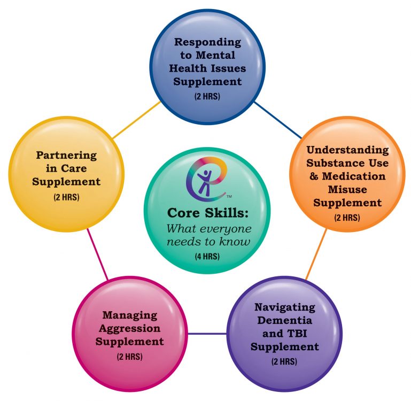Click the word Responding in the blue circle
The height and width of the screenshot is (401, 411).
click(x=207, y=42)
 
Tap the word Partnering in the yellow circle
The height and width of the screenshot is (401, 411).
click(x=66, y=155)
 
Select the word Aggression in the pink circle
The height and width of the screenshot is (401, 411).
click(x=130, y=329)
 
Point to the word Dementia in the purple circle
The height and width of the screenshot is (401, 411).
click(x=285, y=320)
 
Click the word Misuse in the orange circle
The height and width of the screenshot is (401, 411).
click(x=347, y=189)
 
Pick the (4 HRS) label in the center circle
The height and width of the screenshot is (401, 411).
click(x=207, y=256)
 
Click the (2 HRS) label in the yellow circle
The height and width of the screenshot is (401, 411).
click(x=66, y=197)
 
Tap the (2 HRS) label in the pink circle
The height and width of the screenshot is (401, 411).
click(x=130, y=357)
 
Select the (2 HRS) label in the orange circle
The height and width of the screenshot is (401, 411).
click(x=347, y=218)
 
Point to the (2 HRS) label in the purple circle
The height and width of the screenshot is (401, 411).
click(x=284, y=361)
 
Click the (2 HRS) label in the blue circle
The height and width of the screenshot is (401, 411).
click(x=207, y=96)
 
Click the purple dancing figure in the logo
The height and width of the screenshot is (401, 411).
click(x=205, y=183)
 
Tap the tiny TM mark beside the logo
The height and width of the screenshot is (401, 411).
click(x=229, y=196)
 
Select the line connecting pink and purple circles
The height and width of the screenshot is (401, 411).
click(x=207, y=334)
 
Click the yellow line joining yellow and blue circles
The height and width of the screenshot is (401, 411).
click(x=136, y=120)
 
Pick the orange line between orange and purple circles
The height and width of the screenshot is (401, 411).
click(x=316, y=254)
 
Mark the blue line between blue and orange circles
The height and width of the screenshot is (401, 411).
click(x=278, y=120)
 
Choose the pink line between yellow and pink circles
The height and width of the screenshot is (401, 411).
click(x=97, y=254)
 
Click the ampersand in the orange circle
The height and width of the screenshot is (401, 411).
click(x=314, y=176)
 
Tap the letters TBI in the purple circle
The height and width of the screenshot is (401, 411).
click(x=297, y=333)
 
